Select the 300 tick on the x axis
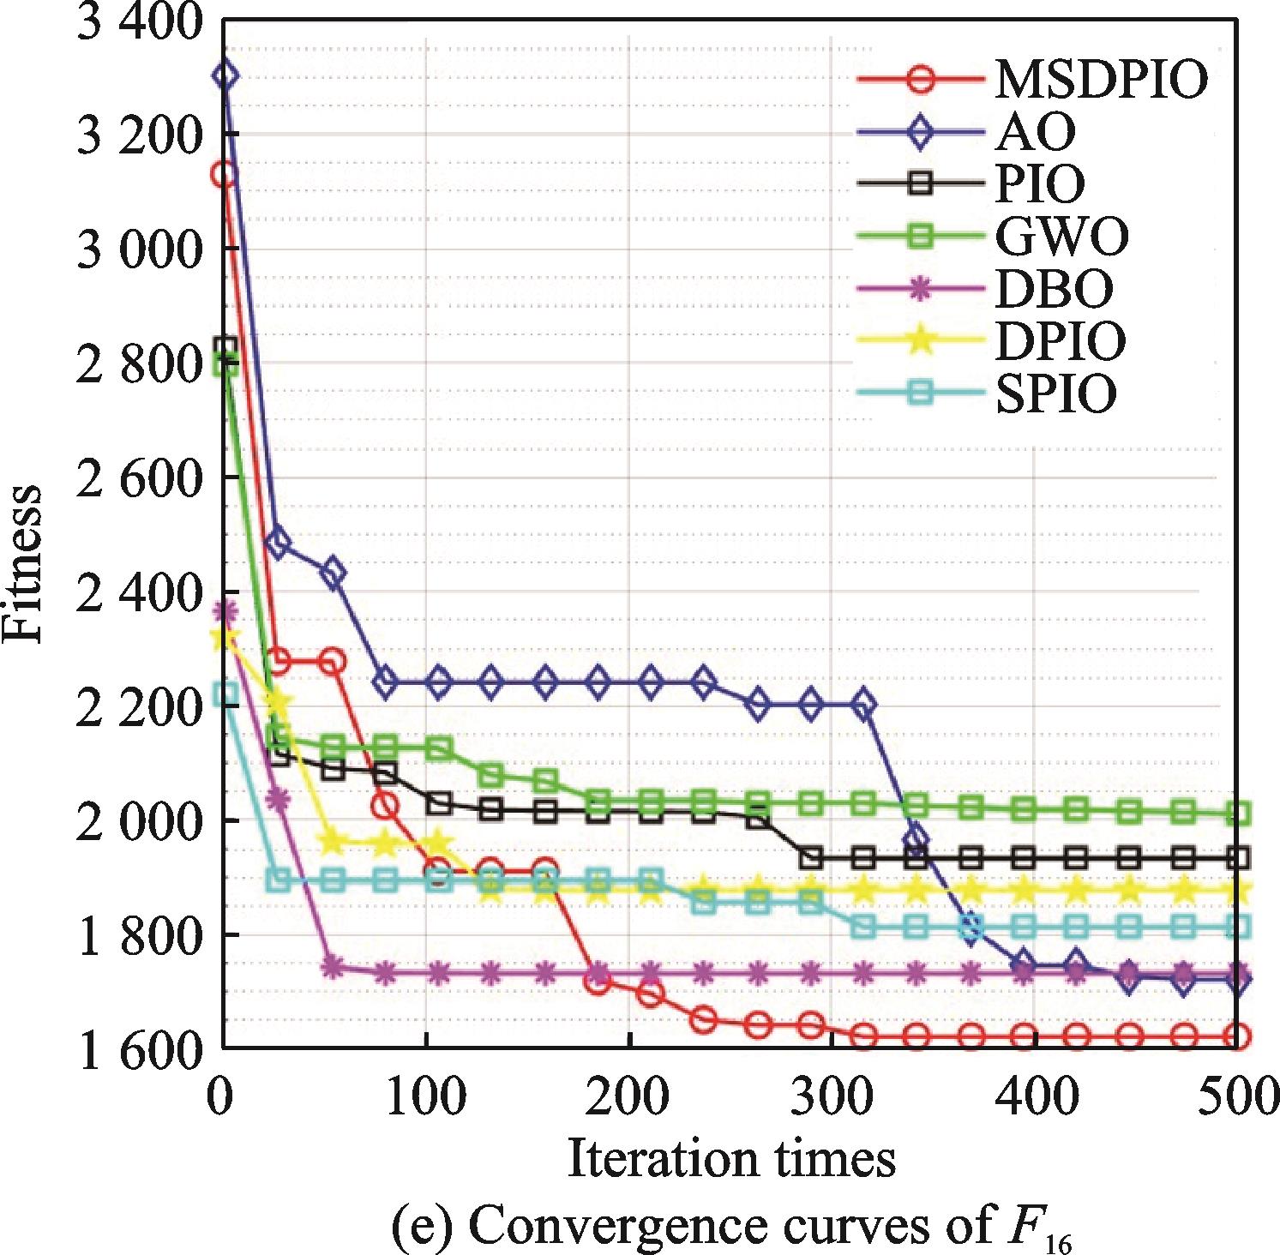coord(831,1097)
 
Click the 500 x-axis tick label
coord(1236,1097)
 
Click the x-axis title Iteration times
coord(731,1159)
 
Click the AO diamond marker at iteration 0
coord(225,75)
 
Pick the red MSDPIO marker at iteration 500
coord(1237,1037)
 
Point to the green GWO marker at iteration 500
coord(1237,813)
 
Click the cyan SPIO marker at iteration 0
coord(225,694)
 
